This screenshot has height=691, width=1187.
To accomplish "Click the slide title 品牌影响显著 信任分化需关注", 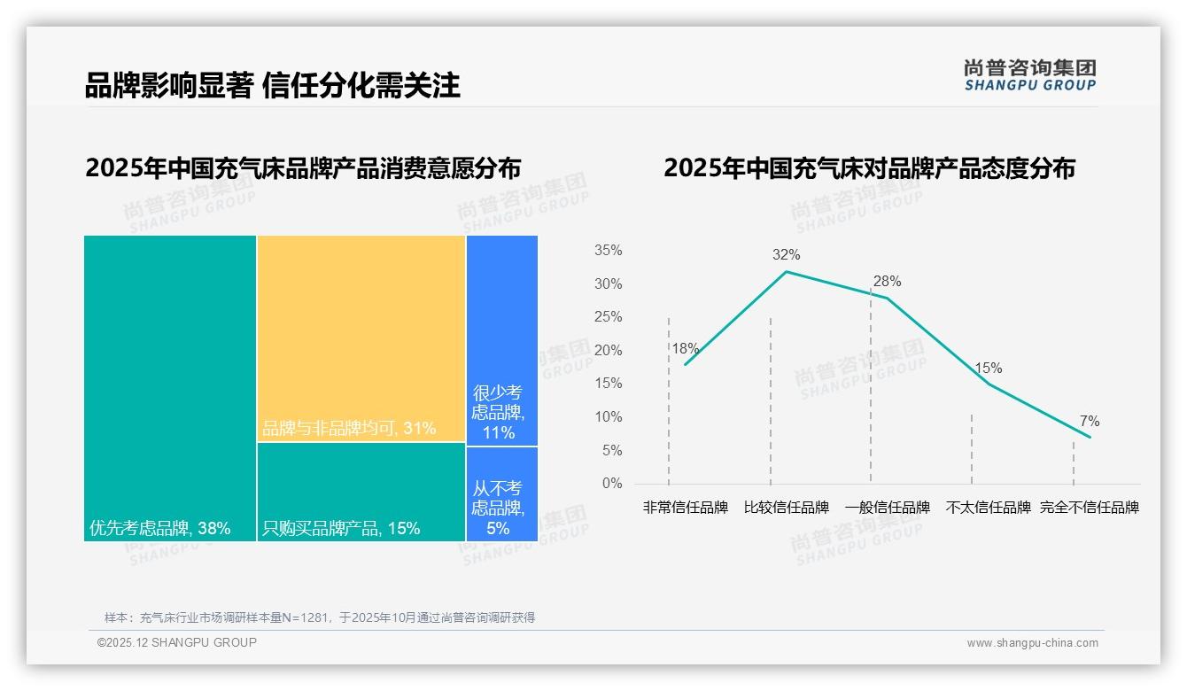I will click(x=272, y=86).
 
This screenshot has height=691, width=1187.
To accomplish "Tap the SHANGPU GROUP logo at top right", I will click(x=1029, y=75).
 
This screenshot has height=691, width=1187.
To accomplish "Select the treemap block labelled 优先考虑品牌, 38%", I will click(x=170, y=387).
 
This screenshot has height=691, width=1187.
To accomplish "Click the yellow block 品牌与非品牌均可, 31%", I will click(x=361, y=338).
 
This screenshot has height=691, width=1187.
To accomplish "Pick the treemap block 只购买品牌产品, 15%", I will click(x=361, y=492).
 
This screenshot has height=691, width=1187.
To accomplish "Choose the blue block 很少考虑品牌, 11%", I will click(x=501, y=339).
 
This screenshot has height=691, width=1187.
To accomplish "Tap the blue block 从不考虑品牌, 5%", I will click(x=501, y=494).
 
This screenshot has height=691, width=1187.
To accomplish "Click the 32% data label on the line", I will click(x=786, y=255).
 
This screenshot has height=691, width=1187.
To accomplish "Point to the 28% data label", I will click(x=887, y=282).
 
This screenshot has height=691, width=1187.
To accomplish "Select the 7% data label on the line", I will click(x=1089, y=421).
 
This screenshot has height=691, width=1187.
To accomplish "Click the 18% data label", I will click(x=685, y=349).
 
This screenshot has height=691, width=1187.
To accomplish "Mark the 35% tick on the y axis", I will click(x=608, y=251).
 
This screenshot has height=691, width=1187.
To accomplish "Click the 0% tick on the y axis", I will click(x=612, y=484).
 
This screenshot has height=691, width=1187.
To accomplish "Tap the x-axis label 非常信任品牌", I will click(x=685, y=508).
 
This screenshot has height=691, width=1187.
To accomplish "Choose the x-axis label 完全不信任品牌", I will click(x=1089, y=508).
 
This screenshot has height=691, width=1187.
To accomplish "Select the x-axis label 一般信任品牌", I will click(x=887, y=508).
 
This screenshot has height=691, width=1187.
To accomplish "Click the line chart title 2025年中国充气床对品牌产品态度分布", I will click(x=868, y=168).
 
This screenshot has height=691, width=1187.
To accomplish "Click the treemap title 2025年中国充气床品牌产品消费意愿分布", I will click(x=303, y=168).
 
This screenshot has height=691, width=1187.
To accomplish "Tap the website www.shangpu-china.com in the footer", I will click(x=1032, y=643).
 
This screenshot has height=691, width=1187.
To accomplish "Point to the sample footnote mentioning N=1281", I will click(x=320, y=617).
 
